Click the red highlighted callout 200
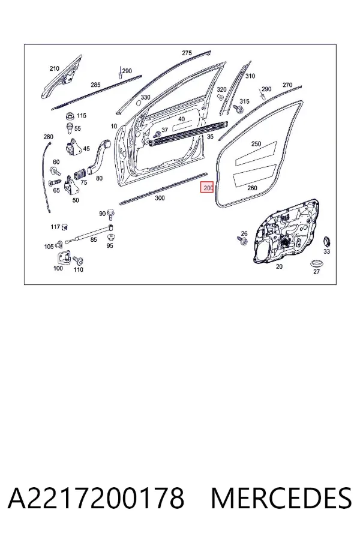pyautogui.click(x=208, y=188)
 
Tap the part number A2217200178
pyautogui.click(x=96, y=499)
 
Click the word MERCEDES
pyautogui.click(x=281, y=499)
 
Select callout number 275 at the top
pyautogui.click(x=187, y=53)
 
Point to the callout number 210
pyautogui.click(x=55, y=68)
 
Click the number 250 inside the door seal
pyautogui.click(x=256, y=143)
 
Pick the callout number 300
pyautogui.click(x=160, y=198)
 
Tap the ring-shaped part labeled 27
pyautogui.click(x=316, y=264)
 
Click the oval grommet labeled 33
pyautogui.click(x=326, y=242)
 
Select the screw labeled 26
pyautogui.click(x=243, y=241)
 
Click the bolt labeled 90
pyautogui.click(x=111, y=214)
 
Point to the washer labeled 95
pyautogui.click(x=110, y=237)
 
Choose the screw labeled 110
pyautogui.click(x=78, y=261)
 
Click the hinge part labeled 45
pyautogui.click(x=73, y=146)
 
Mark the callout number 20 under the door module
pyautogui.click(x=279, y=266)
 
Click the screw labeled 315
pyautogui.click(x=238, y=109)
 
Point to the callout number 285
pyautogui.click(x=95, y=85)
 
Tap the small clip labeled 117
pyautogui.click(x=65, y=227)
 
